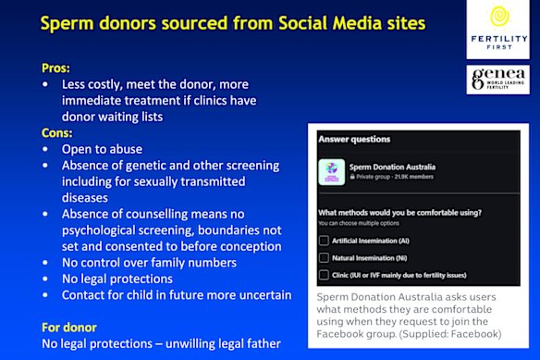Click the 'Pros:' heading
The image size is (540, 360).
pos(55,68)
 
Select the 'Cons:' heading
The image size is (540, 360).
pos(58,131)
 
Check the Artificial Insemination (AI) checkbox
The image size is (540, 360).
pos(324,240)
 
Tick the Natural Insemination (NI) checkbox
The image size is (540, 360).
pos(324,257)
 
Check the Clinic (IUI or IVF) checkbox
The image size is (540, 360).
pos(324,275)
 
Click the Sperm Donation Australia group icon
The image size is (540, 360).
pos(331,171)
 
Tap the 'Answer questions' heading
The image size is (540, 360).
pos(353,139)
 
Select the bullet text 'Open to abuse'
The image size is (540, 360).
pos(103,148)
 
